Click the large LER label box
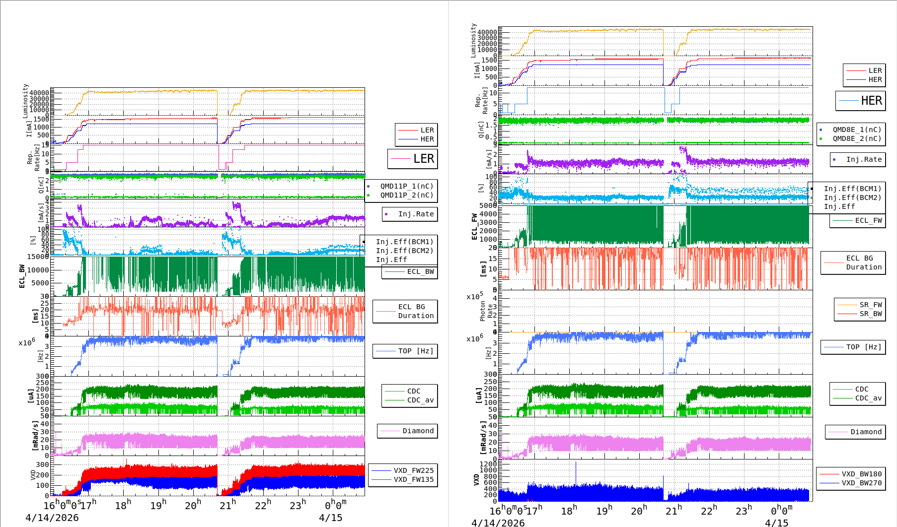coord(413,159)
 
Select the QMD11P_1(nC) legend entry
coord(406,186)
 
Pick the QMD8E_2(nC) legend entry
coord(857,138)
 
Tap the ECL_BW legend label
coord(420,271)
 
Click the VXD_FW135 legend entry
coord(413,479)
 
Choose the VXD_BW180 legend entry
coord(861,474)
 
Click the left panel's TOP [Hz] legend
coord(415,351)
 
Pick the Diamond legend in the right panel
coord(866,432)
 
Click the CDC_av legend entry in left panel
coord(420,400)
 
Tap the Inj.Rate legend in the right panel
coord(864,159)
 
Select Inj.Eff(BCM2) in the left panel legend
coord(404,251)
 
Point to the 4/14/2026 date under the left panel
coord(52,518)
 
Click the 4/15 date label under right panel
coord(776,523)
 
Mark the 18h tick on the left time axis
coord(123,505)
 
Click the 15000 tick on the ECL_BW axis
coord(38,257)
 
